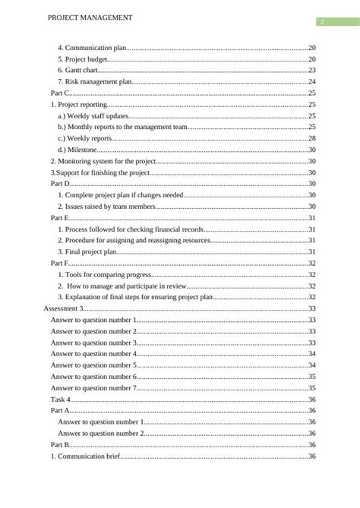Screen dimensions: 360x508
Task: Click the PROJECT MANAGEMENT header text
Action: click(90, 17)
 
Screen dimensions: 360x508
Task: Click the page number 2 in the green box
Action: click(321, 22)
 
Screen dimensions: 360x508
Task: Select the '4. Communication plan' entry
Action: click(93, 48)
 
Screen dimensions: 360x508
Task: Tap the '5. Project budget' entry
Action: click(83, 59)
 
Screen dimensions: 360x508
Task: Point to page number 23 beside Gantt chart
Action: click(311, 71)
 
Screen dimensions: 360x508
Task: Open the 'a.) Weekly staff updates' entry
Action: click(93, 116)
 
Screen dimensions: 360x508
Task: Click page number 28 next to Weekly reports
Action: click(311, 139)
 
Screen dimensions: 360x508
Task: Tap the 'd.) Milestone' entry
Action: click(77, 150)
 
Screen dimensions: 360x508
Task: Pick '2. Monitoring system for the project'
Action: click(103, 162)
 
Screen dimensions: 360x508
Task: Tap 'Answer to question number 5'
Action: click(93, 365)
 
